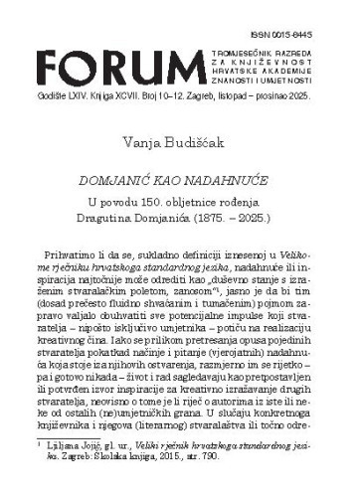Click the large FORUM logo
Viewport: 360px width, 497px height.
coord(109,49)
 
